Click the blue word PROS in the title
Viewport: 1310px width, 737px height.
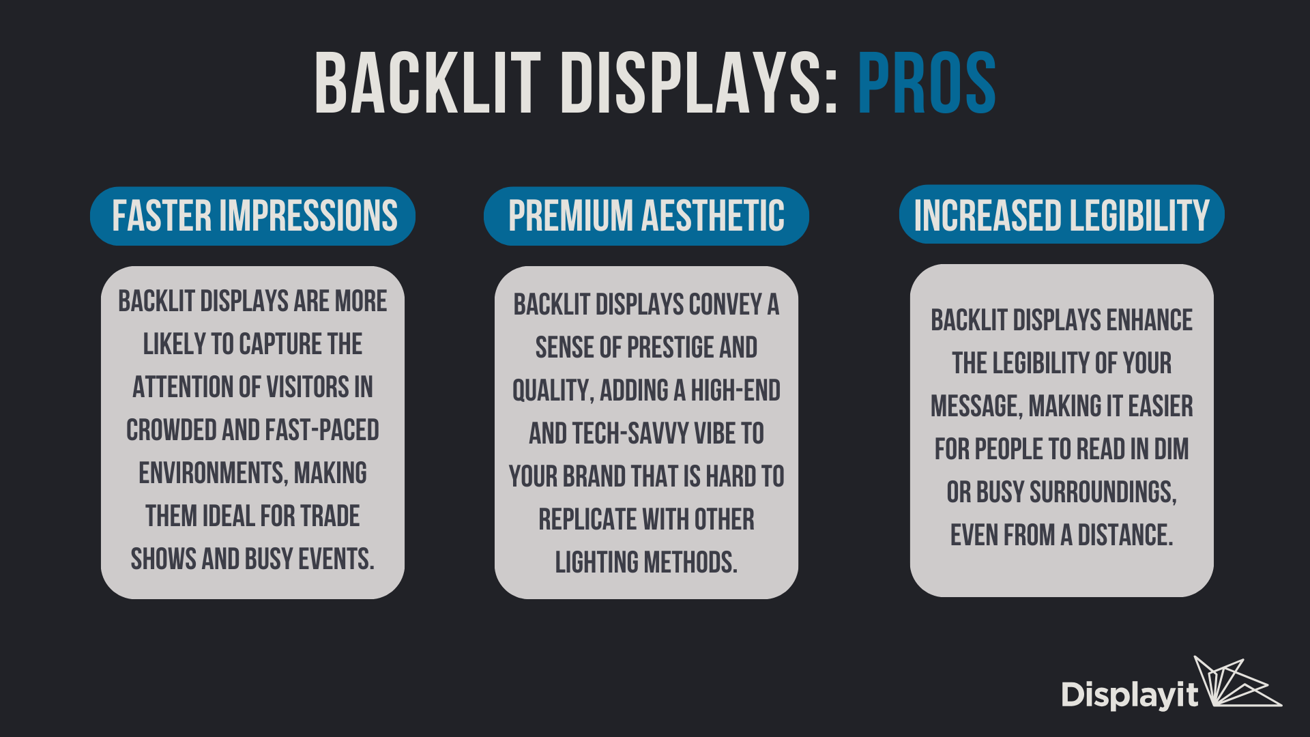click(x=927, y=83)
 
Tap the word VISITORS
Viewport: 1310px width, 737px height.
click(x=308, y=387)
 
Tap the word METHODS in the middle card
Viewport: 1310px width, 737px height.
click(x=690, y=563)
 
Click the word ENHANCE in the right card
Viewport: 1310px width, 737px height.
click(x=1149, y=320)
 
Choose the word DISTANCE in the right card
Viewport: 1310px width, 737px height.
click(x=1125, y=535)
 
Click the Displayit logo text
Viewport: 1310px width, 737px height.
click(x=1130, y=695)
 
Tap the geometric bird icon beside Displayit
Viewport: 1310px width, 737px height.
click(x=1236, y=682)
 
